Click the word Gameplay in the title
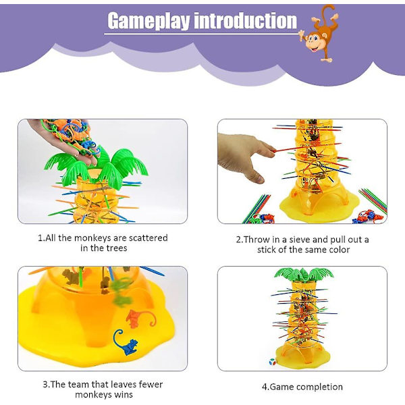point(148,21)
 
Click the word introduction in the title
point(246,20)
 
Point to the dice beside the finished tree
point(272,362)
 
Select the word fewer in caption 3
point(151,384)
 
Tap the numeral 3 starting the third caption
point(45,385)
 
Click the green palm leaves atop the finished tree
point(304,274)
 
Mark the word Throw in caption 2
point(256,240)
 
